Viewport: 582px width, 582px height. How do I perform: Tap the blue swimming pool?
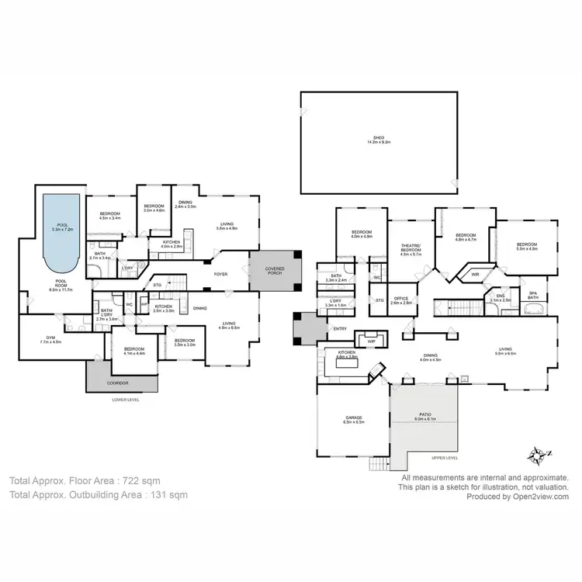pos(61,229)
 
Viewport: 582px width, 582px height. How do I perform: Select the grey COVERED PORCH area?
pos(275,270)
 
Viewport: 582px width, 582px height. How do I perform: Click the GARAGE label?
pos(354,419)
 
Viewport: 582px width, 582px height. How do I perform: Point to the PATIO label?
pos(424,415)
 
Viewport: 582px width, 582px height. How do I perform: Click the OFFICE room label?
pos(400,298)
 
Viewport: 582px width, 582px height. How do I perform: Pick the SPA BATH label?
pos(533,295)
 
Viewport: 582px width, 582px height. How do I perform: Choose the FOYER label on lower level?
pos(221,273)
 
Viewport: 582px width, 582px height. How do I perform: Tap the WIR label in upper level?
pos(474,274)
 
